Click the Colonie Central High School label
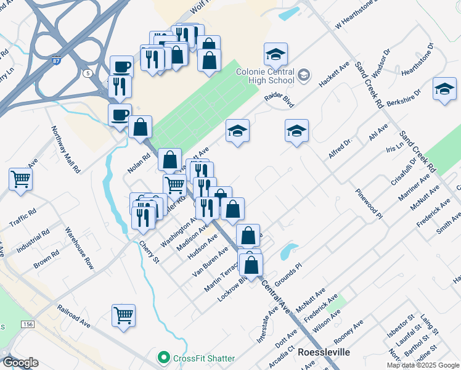coord(266,76)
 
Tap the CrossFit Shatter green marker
coord(163,358)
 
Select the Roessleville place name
coord(324,352)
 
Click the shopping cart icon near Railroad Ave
coord(124,315)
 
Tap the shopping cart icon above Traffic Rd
coord(21,179)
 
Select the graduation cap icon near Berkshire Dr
coord(444,89)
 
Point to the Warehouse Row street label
coord(81,249)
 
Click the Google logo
coord(20,363)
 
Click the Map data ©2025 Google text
coord(423,365)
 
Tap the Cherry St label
coord(149,253)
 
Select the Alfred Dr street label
coord(339,149)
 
